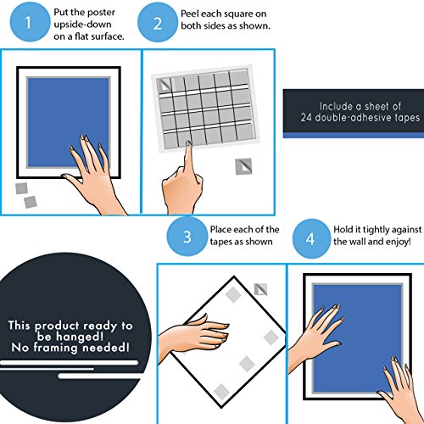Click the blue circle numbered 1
pos(28,22)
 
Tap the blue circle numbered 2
pos(158,23)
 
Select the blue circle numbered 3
pos(187,237)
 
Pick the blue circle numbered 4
pos(310,239)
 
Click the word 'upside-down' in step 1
pos(82,25)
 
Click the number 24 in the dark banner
pos(307,117)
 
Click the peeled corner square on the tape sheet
pos(165,85)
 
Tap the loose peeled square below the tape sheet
pos(243,166)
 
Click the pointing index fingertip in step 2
pos(188,143)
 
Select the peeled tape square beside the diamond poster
pos(260,289)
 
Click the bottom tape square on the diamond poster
pos(221,392)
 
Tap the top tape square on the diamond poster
pos(233,295)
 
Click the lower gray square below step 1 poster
pos(31,202)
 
